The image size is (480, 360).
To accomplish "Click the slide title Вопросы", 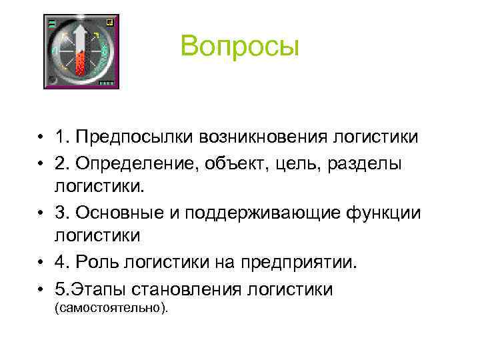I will click(240, 47).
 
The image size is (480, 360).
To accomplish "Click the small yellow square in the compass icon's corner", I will click(109, 22).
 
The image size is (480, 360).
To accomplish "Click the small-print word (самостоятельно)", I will click(110, 307).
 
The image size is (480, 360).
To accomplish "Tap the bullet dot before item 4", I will click(41, 263).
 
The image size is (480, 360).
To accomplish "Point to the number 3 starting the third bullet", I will click(61, 213).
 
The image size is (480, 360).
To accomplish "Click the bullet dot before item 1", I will click(41, 139).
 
